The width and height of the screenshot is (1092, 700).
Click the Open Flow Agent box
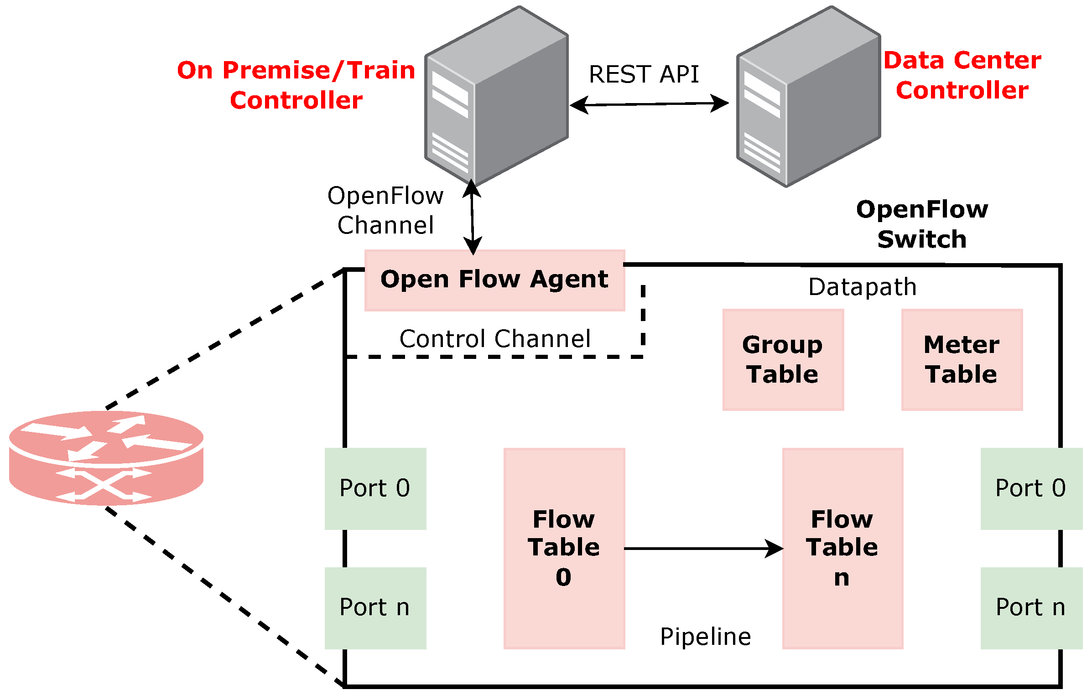coord(494,280)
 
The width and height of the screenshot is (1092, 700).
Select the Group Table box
coord(783,360)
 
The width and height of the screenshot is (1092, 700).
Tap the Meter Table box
coord(962,360)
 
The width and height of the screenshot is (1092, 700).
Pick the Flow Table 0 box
coord(564,548)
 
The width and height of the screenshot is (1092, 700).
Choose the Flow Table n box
coord(842,548)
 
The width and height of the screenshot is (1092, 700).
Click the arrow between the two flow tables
coord(702,549)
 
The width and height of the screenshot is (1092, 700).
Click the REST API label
coord(644,74)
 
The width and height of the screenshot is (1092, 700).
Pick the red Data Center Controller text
coord(962,75)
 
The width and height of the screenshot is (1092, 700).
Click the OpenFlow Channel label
coord(385,210)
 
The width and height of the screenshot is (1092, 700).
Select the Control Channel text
coord(495,339)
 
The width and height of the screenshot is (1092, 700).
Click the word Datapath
coord(862,287)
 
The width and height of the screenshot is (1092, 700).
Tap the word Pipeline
coord(705,637)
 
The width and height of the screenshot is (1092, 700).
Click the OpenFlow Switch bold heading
coord(922,224)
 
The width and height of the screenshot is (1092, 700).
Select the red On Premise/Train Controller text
coord(296,85)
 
